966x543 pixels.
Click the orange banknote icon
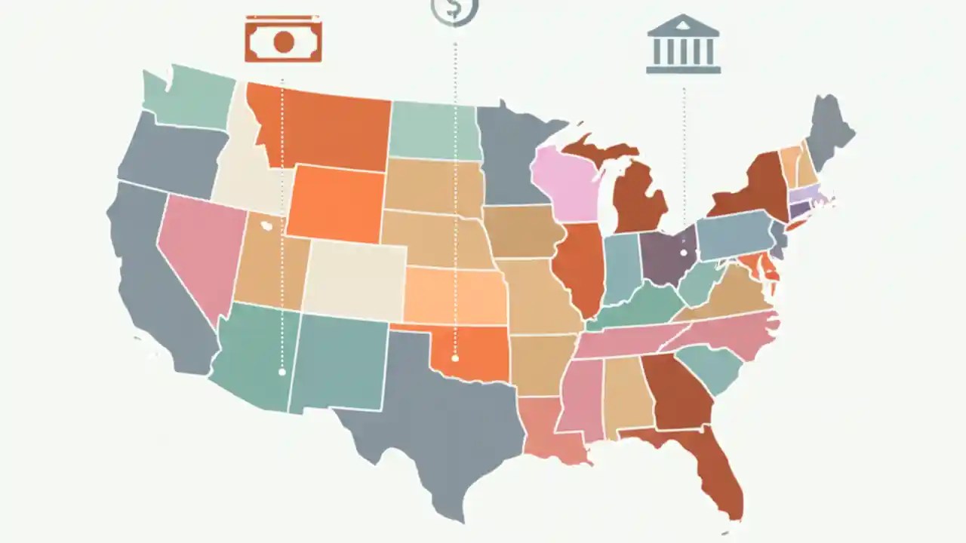(x=283, y=40)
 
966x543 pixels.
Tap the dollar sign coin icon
(x=454, y=10)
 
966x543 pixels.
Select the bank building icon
(x=684, y=45)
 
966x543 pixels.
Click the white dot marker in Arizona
(x=281, y=371)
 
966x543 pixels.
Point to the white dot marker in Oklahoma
(x=455, y=358)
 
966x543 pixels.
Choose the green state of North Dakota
(x=434, y=130)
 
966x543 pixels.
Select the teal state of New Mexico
(x=338, y=362)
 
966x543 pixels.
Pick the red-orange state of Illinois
(x=580, y=268)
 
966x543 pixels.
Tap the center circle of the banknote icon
(x=283, y=41)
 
